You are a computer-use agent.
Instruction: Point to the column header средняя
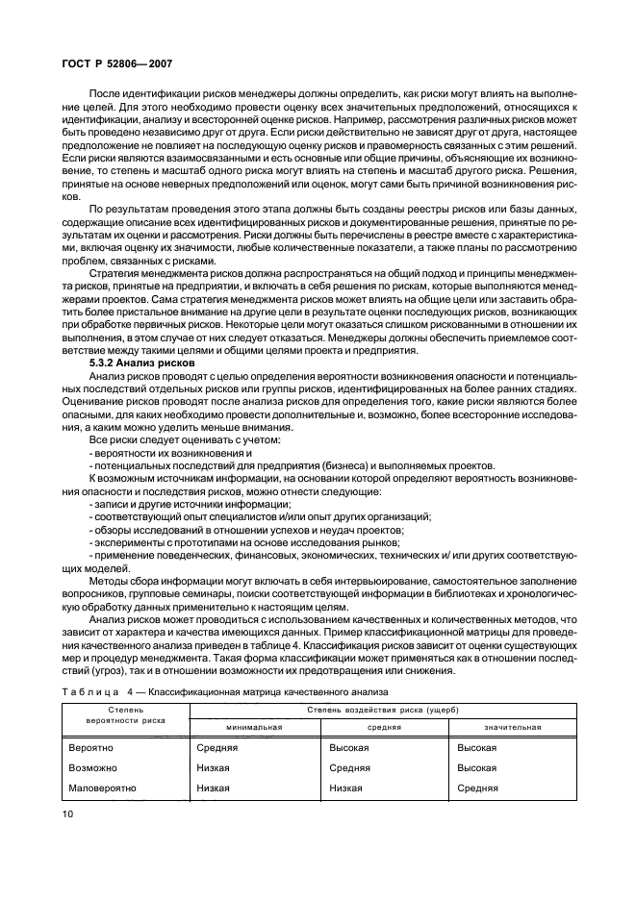[383, 727]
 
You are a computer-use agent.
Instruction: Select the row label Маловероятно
[103, 787]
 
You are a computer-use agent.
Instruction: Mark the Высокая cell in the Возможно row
[476, 767]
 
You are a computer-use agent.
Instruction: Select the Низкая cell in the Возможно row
[213, 767]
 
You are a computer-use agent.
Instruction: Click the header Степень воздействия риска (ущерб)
[382, 709]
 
